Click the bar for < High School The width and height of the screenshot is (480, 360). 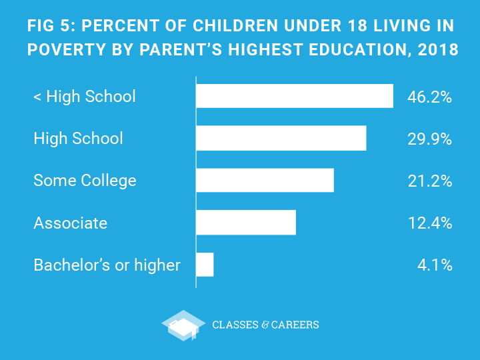(x=294, y=96)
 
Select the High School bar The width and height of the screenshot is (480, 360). (x=281, y=138)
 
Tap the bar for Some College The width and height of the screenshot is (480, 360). (x=265, y=180)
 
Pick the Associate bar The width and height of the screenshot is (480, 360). (x=245, y=222)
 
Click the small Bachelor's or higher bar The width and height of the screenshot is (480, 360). (x=205, y=265)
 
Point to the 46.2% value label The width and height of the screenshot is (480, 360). (x=429, y=97)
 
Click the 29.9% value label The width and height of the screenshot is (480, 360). (x=429, y=139)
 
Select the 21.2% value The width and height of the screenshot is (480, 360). (x=429, y=181)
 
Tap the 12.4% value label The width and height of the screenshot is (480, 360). (x=429, y=223)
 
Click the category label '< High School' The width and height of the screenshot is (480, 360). (x=84, y=97)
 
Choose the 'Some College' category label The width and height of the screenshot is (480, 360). (x=85, y=181)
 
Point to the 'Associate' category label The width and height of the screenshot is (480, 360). (x=70, y=223)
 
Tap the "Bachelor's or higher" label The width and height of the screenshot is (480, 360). (x=107, y=265)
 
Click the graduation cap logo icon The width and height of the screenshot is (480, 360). (x=183, y=325)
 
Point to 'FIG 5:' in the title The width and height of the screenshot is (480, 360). (x=51, y=27)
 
